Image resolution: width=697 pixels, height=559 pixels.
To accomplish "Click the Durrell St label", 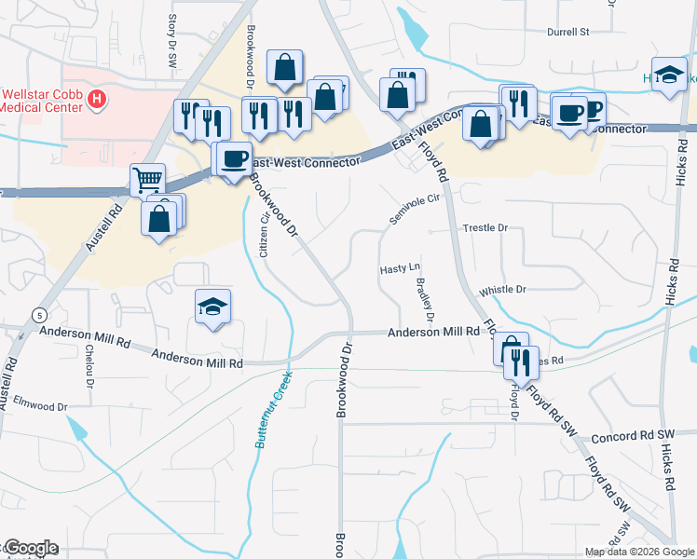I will point(568,32).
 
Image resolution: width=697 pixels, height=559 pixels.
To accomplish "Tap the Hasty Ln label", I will point(401,268).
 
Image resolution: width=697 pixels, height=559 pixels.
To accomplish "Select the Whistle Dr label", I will point(502,290).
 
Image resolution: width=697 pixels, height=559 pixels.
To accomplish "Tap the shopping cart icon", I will point(147,178).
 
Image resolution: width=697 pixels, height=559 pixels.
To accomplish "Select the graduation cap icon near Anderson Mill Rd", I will point(212,305).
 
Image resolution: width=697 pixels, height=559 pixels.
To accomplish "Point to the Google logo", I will point(30,548).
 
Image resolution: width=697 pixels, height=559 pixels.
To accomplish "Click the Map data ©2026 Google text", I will point(640,552).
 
